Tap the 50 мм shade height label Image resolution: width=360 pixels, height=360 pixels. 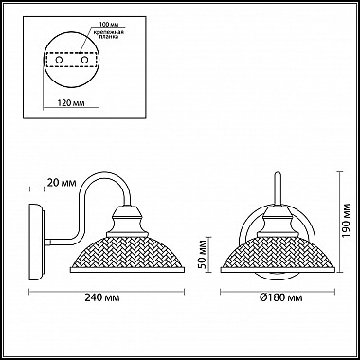202,255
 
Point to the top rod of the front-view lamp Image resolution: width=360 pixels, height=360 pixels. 276,185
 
